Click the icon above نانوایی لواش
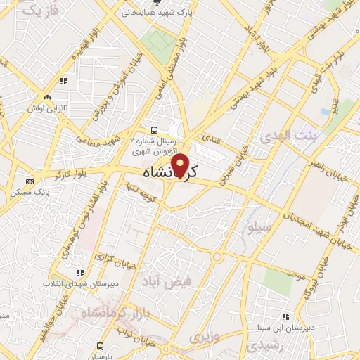point(46,98)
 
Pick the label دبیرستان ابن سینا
point(285,328)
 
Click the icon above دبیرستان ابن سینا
point(285,317)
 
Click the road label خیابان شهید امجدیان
point(295,217)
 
